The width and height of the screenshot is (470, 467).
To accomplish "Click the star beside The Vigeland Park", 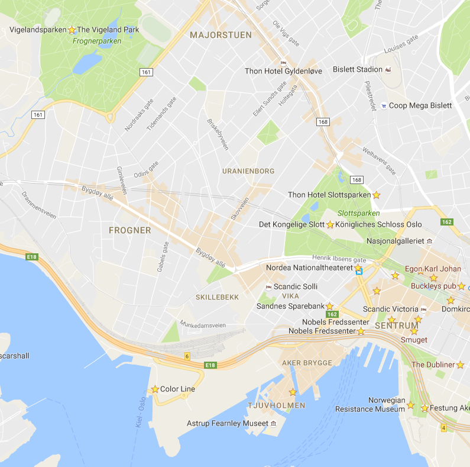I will (x=72, y=30).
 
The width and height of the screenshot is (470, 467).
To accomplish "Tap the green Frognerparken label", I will (x=97, y=41).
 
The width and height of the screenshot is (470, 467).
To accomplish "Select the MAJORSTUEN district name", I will (x=221, y=35).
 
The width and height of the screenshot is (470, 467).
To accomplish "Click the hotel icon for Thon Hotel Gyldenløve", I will (x=283, y=62).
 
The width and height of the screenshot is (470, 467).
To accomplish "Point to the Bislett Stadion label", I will (x=357, y=69).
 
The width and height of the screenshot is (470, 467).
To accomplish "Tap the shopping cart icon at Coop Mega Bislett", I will (x=384, y=106).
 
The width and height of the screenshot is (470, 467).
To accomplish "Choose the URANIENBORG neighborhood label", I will (x=248, y=171).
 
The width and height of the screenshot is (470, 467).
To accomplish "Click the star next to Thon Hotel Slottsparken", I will (x=376, y=195).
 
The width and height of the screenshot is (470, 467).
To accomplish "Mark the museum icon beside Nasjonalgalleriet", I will (x=429, y=241).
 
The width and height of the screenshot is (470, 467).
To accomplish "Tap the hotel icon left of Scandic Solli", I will (x=268, y=286).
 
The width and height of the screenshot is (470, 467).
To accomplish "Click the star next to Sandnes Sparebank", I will (x=330, y=306).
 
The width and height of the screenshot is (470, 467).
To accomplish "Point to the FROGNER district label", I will (x=130, y=230).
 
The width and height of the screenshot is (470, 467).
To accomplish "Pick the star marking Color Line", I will (x=155, y=389).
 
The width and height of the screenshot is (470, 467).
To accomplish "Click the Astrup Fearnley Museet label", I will (x=228, y=424).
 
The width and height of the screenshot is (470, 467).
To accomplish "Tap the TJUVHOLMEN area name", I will (x=277, y=405).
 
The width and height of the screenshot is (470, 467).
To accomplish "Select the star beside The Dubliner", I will (x=461, y=365).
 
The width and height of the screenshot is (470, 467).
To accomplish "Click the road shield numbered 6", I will (x=187, y=356).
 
